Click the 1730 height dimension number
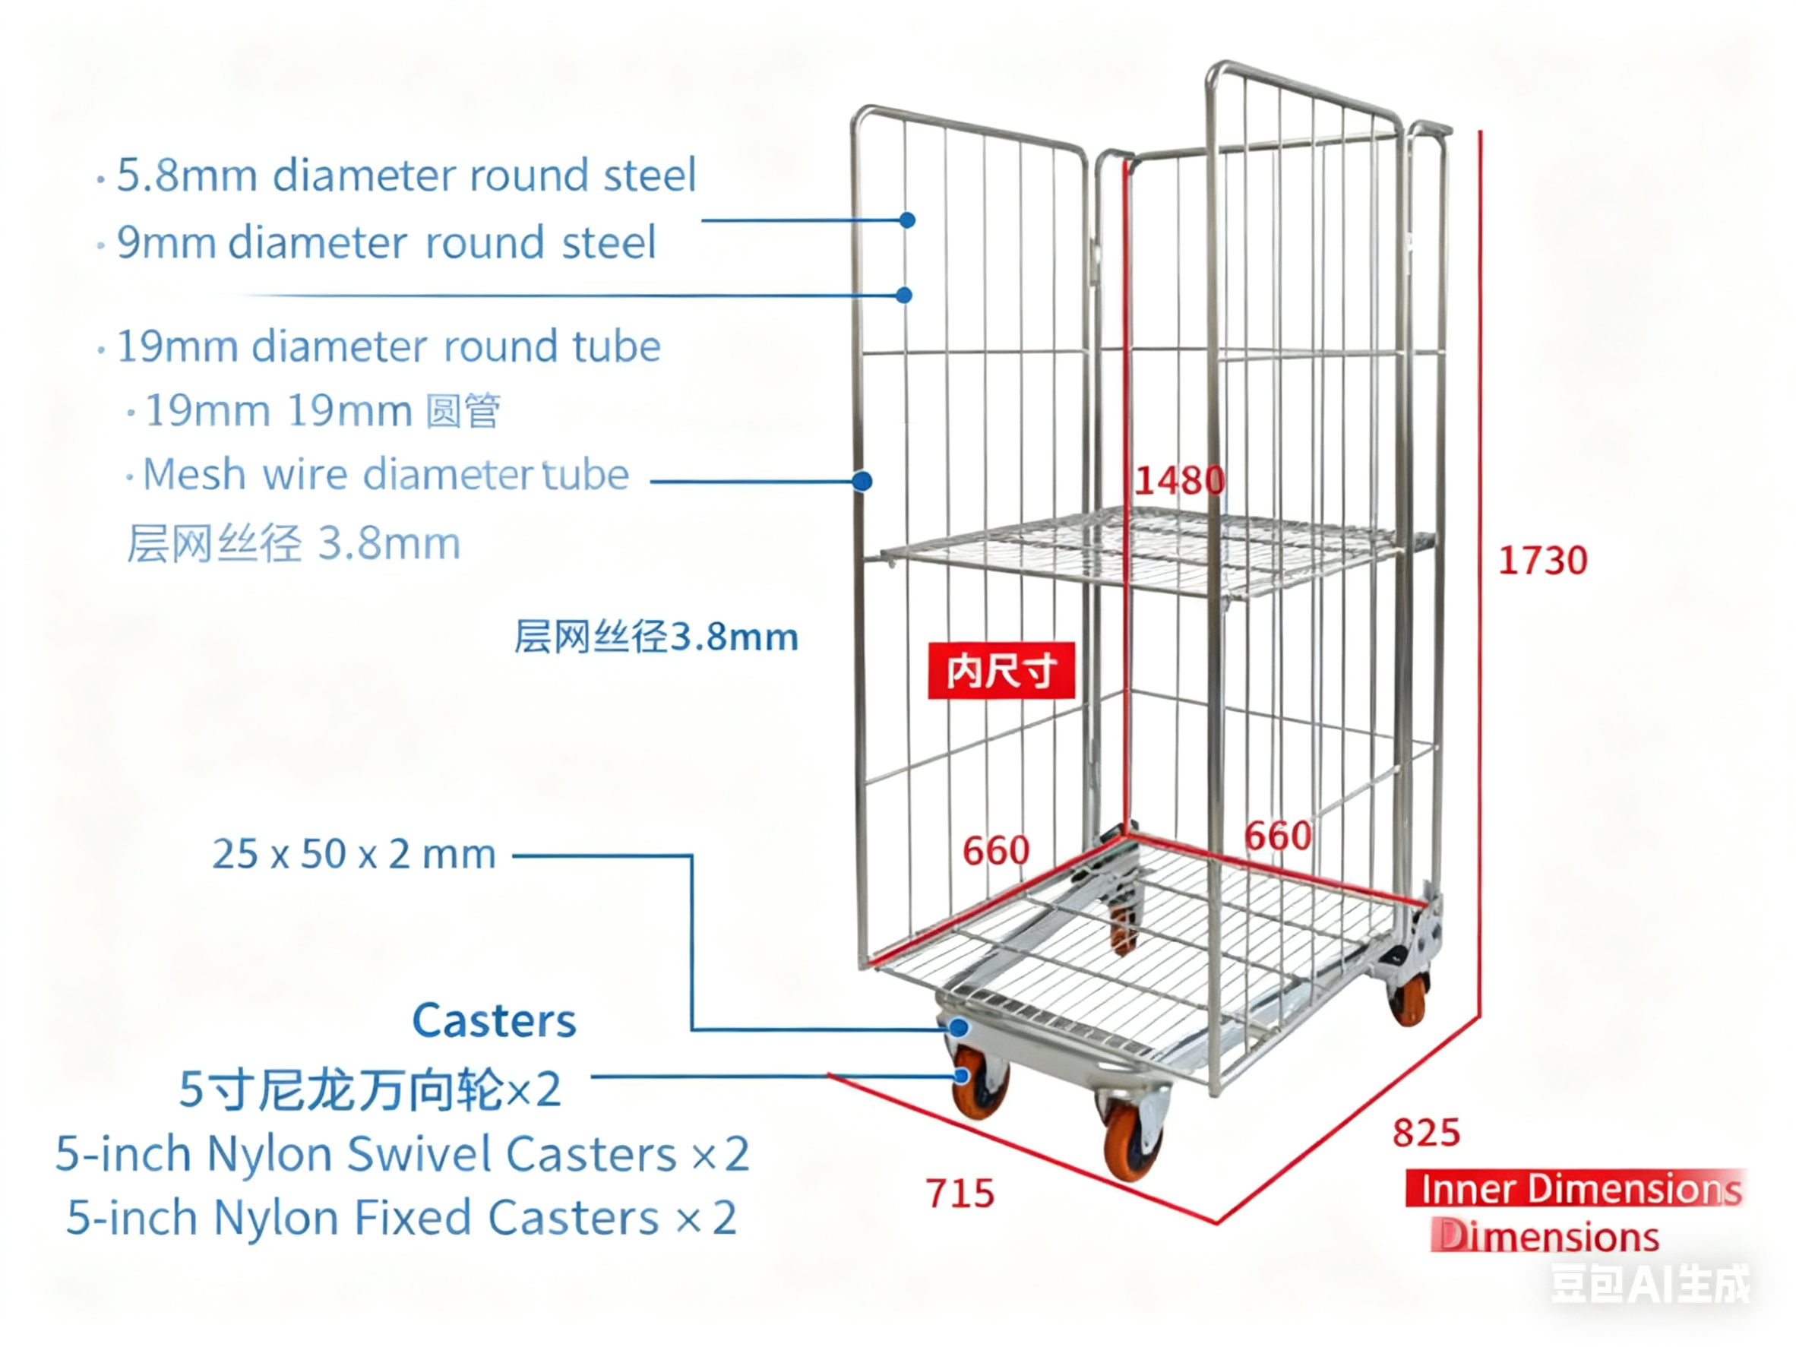[1541, 560]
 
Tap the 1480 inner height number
[1179, 480]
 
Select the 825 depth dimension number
[1426, 1132]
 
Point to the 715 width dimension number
[960, 1193]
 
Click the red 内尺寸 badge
[1001, 671]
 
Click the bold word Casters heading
[494, 1020]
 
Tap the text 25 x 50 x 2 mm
[354, 854]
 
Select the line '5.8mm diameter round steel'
[406, 175]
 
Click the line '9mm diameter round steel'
[386, 243]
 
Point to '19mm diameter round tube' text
[388, 346]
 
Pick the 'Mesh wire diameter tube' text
[386, 474]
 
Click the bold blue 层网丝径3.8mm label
[656, 637]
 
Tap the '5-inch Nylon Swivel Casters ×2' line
[402, 1154]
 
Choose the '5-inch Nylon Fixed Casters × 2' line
[402, 1218]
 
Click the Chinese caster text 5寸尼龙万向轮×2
[369, 1089]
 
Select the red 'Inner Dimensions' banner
[1575, 1189]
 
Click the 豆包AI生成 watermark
[1650, 1285]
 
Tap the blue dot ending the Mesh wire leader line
[862, 482]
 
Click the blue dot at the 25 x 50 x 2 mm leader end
[959, 1028]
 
